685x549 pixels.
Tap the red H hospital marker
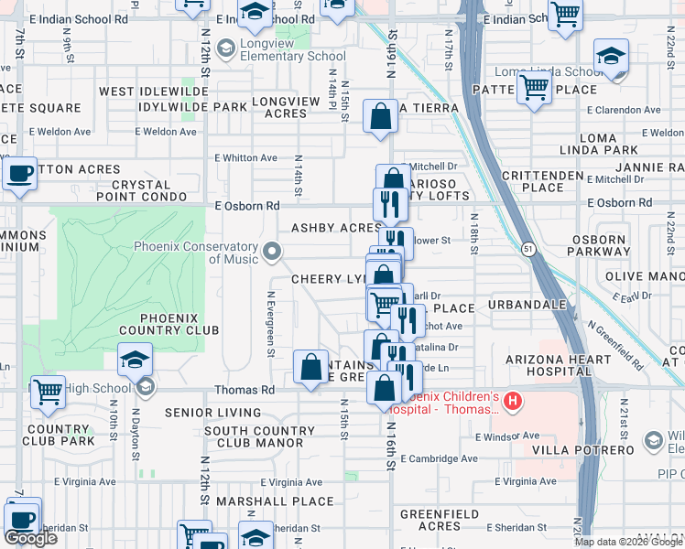tap(513, 401)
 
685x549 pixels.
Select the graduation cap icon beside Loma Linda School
tap(611, 57)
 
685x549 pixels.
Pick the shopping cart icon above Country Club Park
tap(48, 393)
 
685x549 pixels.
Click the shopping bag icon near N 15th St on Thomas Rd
tap(311, 367)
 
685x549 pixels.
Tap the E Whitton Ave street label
tap(245, 158)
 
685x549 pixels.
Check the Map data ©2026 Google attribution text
tap(627, 542)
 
